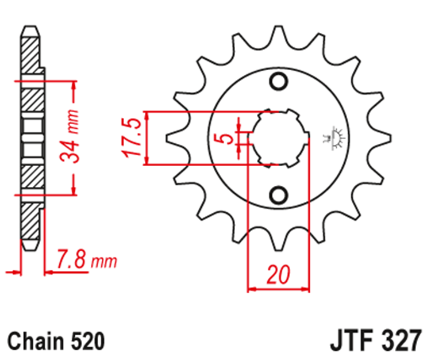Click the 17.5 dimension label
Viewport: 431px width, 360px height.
132,138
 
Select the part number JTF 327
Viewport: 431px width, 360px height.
376,340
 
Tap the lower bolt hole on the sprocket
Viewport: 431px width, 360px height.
279,194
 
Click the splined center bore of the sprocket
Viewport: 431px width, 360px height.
280,138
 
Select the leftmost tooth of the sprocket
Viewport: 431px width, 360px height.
173,138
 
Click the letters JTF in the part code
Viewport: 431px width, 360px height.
351,340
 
